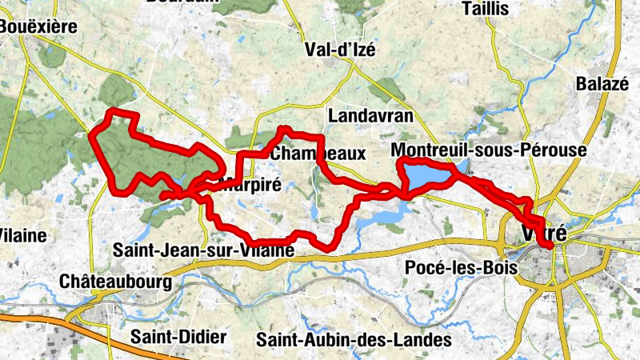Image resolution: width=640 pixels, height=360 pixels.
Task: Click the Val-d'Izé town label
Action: (x=340, y=50)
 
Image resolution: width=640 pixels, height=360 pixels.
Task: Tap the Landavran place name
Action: (x=370, y=116)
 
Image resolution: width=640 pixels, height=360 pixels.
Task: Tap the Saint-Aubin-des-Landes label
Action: (x=354, y=339)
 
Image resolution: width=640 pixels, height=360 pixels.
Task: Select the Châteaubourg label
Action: (x=116, y=282)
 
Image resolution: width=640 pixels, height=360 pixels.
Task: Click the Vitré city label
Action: (x=544, y=234)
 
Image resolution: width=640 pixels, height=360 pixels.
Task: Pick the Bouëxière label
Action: (x=38, y=26)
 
